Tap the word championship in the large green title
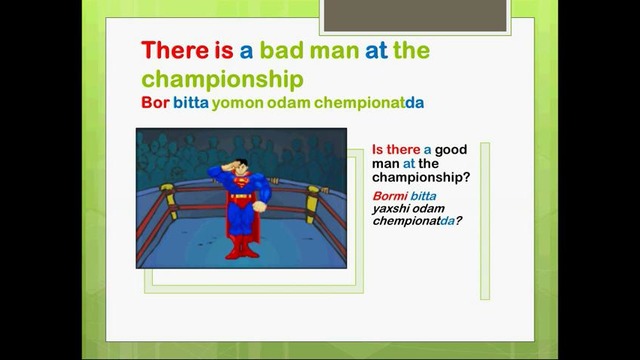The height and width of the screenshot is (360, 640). (221, 77)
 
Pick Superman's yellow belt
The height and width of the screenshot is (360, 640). (239, 197)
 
